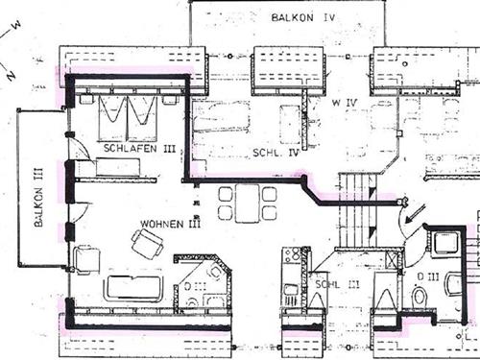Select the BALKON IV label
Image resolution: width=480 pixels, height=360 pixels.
click(301, 17)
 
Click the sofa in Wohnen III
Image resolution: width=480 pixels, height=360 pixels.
click(132, 286)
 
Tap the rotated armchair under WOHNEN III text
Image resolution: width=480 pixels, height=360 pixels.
click(148, 247)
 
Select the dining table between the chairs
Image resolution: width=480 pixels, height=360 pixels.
click(248, 202)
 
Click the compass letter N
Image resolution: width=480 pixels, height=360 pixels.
click(9, 72)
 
